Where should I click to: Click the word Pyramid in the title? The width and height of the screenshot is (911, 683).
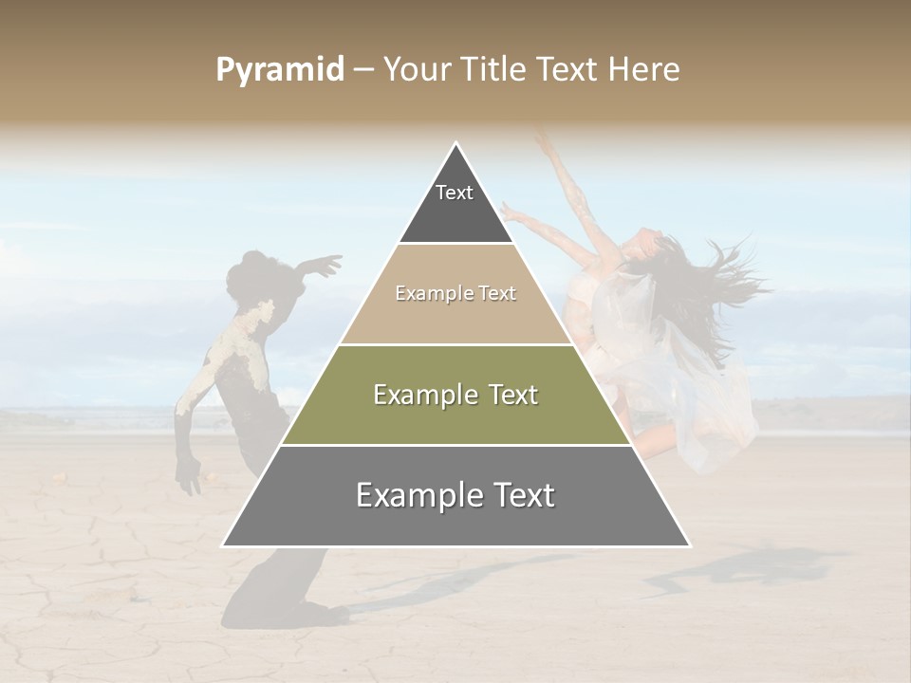click(279, 70)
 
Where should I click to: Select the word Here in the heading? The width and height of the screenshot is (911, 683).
click(645, 70)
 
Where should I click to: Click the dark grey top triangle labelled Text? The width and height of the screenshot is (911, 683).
click(455, 204)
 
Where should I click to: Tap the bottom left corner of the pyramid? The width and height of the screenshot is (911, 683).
click(223, 545)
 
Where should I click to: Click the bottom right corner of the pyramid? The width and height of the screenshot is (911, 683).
click(689, 545)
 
